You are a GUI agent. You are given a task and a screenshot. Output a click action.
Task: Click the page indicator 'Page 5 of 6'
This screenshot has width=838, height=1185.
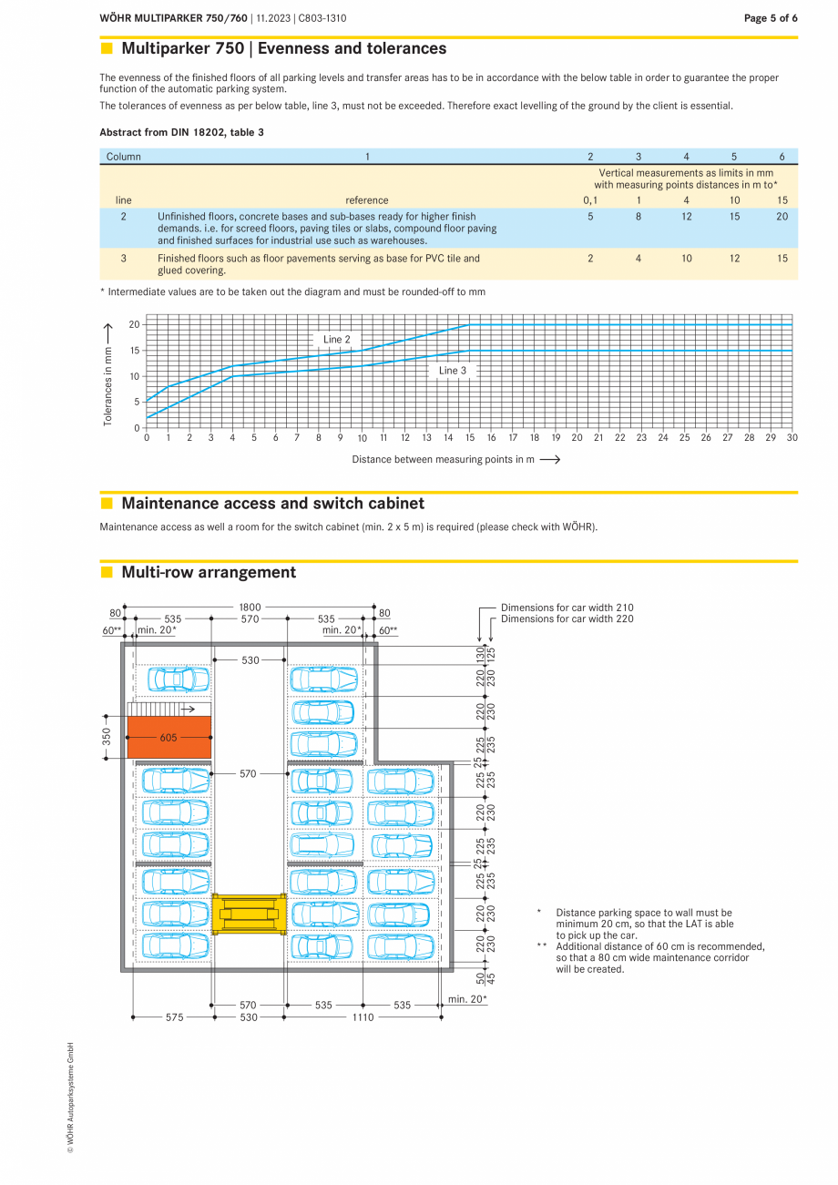point(771,18)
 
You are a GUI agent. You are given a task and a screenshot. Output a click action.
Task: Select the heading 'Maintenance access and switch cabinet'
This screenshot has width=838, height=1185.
point(272,504)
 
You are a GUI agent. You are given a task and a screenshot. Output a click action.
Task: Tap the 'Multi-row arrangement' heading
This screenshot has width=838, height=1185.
point(209,573)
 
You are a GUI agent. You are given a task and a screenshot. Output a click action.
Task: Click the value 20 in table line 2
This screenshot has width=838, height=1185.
point(782,217)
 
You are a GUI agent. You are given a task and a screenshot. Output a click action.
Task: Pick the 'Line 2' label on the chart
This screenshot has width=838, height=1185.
point(337,340)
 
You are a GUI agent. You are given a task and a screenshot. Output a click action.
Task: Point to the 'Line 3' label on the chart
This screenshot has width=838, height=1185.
point(453,371)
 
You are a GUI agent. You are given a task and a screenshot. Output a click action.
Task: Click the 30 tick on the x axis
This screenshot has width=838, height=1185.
point(792,438)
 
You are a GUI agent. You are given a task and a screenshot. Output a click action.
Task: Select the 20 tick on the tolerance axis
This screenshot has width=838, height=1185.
point(134,325)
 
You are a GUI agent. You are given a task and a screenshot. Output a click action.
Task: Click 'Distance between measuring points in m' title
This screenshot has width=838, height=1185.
point(443,460)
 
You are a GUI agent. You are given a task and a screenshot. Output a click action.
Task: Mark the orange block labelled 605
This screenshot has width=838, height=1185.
point(169,738)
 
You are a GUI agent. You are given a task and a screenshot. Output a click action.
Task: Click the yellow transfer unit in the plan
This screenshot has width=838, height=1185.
point(249,914)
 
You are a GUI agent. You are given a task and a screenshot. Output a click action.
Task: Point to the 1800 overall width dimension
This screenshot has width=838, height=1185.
point(250,607)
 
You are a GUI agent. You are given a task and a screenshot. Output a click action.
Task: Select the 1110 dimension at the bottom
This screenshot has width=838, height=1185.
point(363,1017)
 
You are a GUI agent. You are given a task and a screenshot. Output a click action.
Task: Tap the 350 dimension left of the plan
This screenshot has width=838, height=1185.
point(107,736)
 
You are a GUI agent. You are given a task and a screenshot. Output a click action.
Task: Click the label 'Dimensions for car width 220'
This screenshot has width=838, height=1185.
point(567,619)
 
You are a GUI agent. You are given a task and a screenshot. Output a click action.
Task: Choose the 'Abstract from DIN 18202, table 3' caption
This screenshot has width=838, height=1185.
point(181,133)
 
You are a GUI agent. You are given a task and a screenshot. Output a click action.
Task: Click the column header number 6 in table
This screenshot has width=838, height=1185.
point(782,157)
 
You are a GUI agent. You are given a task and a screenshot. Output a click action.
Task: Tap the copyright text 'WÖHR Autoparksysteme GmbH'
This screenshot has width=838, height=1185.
point(70,1098)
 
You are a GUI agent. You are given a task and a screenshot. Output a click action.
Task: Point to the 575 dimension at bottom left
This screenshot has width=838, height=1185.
point(173,1017)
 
